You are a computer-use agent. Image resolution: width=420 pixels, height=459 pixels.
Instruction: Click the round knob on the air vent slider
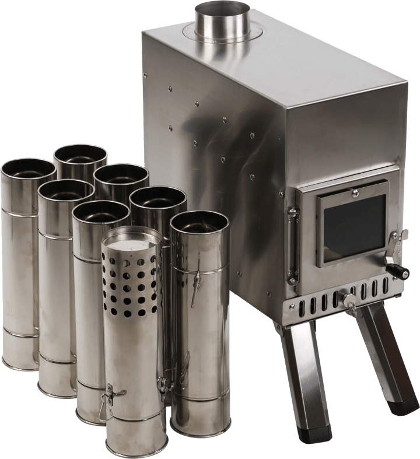pyautogui.click(x=349, y=300)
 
